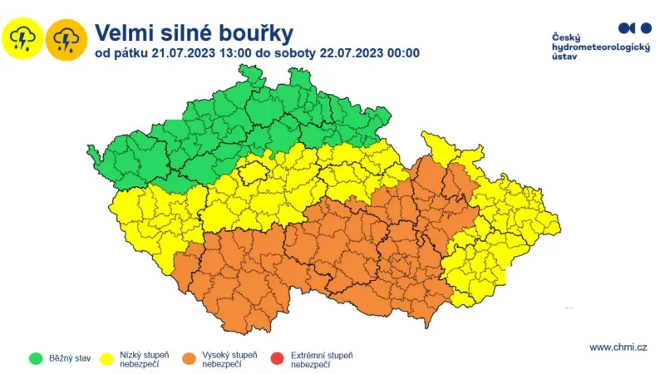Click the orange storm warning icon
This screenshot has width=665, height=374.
point(66,38)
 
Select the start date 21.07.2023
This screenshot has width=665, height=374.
point(173,54)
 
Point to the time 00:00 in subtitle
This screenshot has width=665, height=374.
point(399,54)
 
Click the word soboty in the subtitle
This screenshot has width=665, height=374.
point(291,54)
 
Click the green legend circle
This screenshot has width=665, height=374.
point(36,359)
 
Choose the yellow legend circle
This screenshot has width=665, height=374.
point(109,359)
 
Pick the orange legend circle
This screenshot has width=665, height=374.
point(190,359)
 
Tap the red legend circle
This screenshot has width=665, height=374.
point(277,359)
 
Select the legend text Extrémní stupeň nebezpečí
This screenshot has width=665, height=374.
point(321,359)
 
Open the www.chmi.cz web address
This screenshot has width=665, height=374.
point(618,347)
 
